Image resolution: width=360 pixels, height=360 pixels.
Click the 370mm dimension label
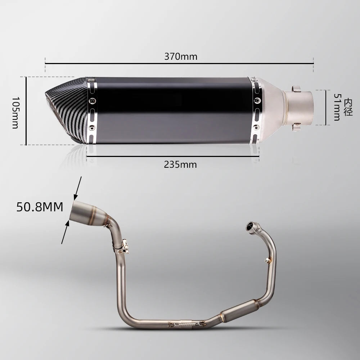(181, 57)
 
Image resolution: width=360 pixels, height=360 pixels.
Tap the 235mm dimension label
(180, 165)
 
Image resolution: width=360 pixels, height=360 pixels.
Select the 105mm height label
(15, 112)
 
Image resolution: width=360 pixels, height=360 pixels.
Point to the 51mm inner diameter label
(337, 107)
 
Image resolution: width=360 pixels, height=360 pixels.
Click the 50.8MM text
(40, 207)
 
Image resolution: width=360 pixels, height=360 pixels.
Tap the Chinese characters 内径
(348, 107)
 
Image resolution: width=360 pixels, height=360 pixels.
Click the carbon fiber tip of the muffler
(67, 110)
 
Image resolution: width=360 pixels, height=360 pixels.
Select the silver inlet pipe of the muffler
(298, 108)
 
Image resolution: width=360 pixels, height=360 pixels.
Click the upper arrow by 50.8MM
(78, 188)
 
